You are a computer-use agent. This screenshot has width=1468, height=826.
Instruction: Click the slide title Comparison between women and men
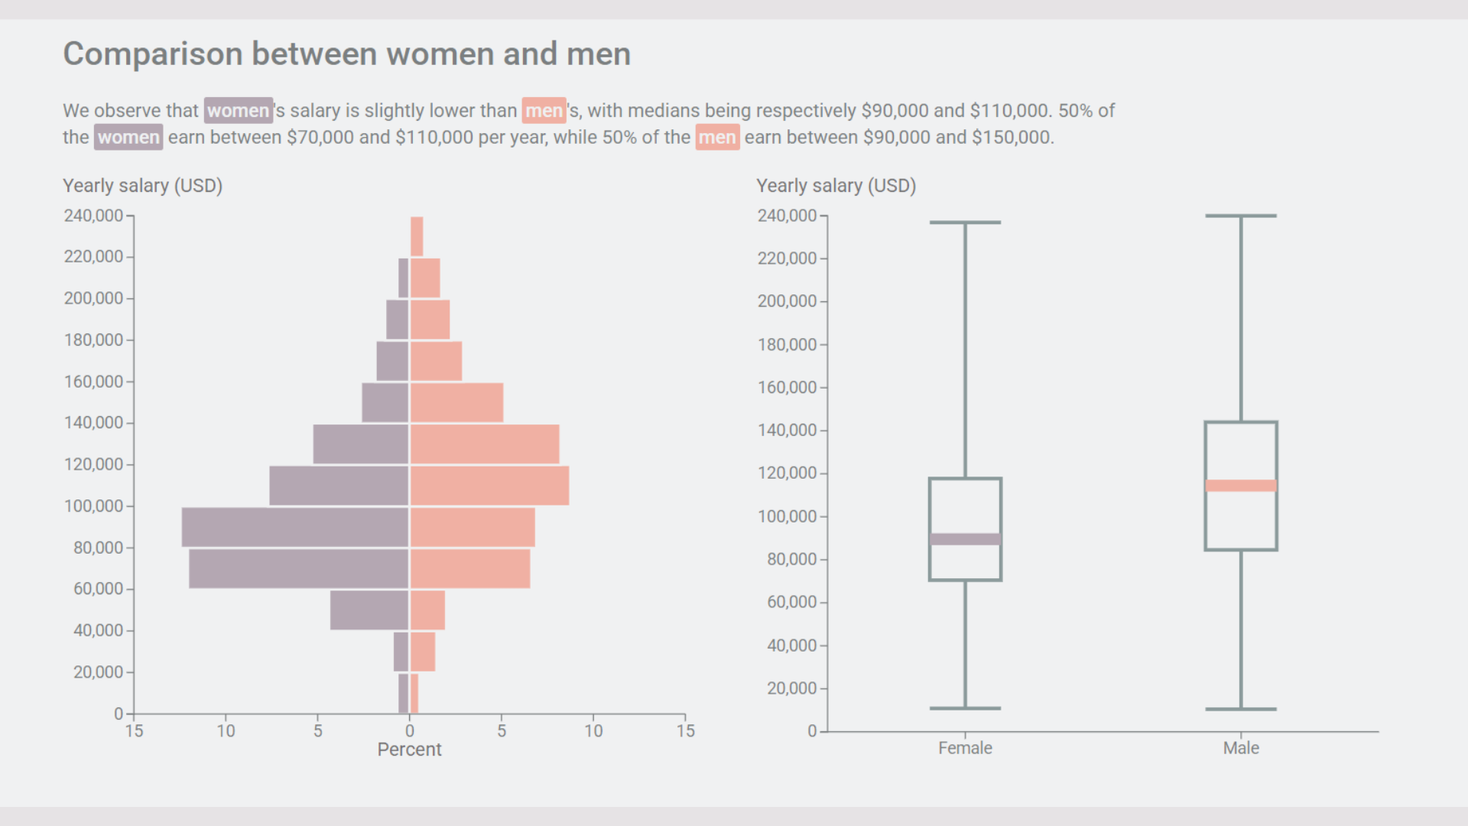pyautogui.click(x=346, y=54)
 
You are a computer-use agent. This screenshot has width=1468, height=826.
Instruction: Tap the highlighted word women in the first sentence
pyautogui.click(x=238, y=111)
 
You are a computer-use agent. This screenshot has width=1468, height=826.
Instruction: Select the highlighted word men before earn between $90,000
pyautogui.click(x=716, y=138)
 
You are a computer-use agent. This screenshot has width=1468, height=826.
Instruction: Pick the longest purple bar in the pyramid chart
pyautogui.click(x=295, y=527)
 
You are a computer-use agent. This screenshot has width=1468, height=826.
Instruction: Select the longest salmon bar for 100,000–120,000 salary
pyautogui.click(x=489, y=486)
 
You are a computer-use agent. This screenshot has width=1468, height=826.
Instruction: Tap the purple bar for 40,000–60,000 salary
pyautogui.click(x=369, y=610)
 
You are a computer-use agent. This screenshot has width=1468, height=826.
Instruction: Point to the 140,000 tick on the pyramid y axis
pyautogui.click(x=93, y=423)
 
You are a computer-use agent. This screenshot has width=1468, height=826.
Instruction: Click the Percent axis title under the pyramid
pyautogui.click(x=409, y=750)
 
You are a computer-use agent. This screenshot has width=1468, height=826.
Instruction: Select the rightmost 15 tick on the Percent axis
pyautogui.click(x=685, y=731)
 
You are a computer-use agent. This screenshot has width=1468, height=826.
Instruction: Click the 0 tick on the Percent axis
pyautogui.click(x=410, y=731)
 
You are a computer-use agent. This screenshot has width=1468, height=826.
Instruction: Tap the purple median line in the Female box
pyautogui.click(x=965, y=539)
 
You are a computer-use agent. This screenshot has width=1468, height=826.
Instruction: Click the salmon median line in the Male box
pyautogui.click(x=1240, y=486)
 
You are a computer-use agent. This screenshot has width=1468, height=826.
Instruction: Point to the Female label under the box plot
pyautogui.click(x=965, y=748)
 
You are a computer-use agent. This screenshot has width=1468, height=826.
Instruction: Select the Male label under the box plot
pyautogui.click(x=1240, y=748)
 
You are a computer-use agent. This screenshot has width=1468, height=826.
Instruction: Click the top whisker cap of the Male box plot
pyautogui.click(x=1240, y=216)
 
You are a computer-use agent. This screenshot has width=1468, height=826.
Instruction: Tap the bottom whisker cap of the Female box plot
pyautogui.click(x=965, y=708)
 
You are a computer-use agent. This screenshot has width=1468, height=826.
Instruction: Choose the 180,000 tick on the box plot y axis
pyautogui.click(x=787, y=345)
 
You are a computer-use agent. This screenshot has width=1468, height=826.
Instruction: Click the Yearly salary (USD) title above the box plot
pyautogui.click(x=836, y=186)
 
